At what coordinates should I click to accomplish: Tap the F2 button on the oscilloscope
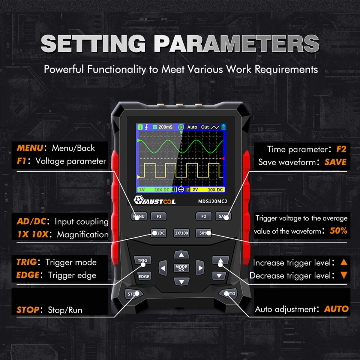click(x=204, y=216)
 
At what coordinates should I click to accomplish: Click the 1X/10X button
click(x=181, y=233)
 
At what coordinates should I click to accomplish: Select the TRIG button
click(x=142, y=260)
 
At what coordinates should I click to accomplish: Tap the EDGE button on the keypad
click(x=144, y=276)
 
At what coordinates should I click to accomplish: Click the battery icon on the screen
click(x=223, y=127)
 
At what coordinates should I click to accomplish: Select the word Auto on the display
click(x=192, y=127)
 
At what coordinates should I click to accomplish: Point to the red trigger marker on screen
click(x=223, y=158)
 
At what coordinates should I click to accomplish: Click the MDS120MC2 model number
click(x=213, y=201)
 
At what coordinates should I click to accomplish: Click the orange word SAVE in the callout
click(x=335, y=162)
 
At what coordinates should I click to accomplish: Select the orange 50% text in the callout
click(x=338, y=230)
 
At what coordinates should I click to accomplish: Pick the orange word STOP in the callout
click(x=28, y=310)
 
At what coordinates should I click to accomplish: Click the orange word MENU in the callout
click(x=30, y=148)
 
